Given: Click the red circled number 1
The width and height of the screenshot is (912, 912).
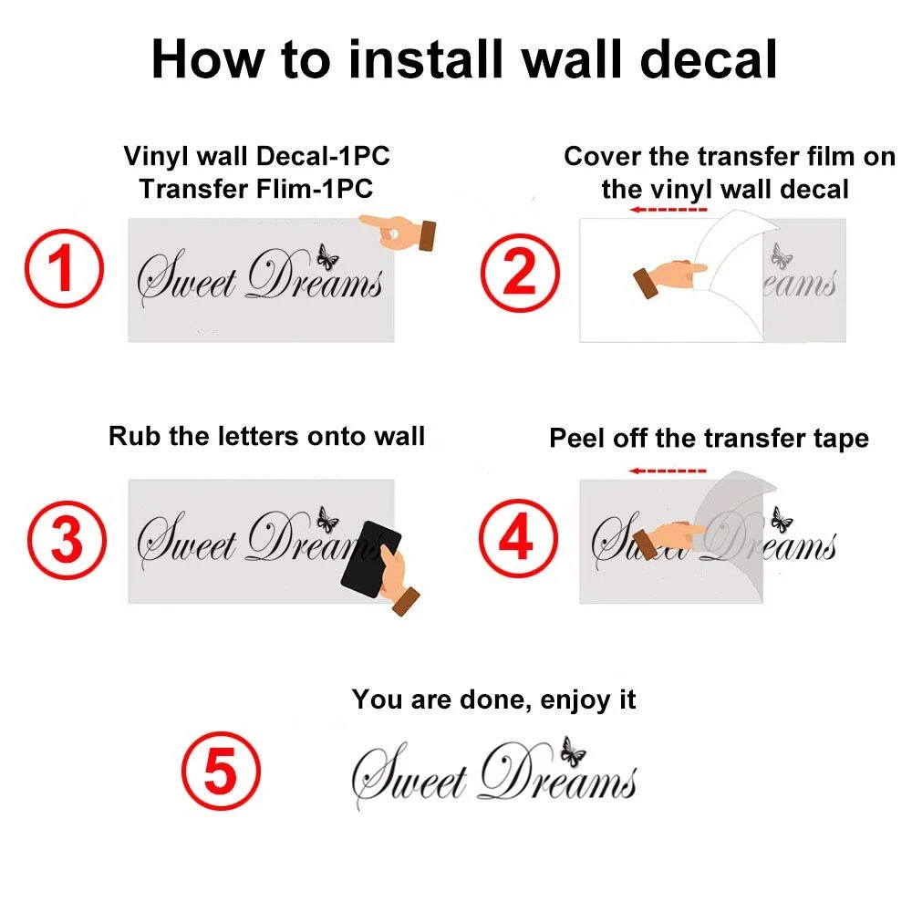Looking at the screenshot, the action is coord(64,268).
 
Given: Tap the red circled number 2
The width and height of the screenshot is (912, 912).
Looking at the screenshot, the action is coord(520,272).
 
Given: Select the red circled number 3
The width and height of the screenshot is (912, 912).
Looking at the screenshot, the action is coord(67,540).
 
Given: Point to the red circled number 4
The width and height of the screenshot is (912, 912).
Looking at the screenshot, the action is coord(518,538).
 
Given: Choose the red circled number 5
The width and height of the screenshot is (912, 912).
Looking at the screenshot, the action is coord(221,771).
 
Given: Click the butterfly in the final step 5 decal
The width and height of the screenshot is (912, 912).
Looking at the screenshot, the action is coord(573,751).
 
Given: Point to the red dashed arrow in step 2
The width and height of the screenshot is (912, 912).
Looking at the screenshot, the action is coord(668,210).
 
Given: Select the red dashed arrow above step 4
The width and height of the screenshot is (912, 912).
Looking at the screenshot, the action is coord(668,471).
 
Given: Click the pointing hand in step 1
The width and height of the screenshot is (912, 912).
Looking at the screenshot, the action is coord(399,233).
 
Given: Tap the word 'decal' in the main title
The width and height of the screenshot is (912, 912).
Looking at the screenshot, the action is coord(709,59).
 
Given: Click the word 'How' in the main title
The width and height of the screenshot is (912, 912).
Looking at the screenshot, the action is coord(208,59).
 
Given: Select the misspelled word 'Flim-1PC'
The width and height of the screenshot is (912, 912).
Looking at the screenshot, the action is coord(312,189).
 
